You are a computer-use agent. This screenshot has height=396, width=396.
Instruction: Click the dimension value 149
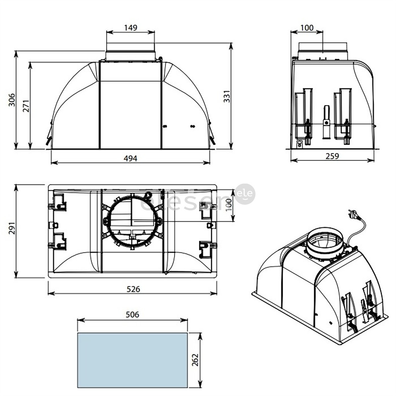coord(130,28)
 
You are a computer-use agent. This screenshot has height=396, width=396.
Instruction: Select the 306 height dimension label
coord(12,100)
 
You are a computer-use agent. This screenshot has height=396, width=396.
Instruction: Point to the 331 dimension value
coord(227,96)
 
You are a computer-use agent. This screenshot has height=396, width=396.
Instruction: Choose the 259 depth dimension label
coord(332,156)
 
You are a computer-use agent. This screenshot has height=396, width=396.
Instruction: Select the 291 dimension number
coord(12,231)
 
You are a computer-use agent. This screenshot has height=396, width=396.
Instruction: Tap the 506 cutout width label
coord(132,315)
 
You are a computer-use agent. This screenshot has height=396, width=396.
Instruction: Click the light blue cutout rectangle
coord(132,360)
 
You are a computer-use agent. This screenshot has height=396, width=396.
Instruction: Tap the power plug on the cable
coord(352,214)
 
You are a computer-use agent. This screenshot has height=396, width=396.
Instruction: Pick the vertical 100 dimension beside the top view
coord(229,205)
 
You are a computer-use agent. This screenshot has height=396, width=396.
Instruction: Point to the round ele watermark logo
coord(245,194)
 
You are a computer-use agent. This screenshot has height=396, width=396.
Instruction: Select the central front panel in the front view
coord(130,114)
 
